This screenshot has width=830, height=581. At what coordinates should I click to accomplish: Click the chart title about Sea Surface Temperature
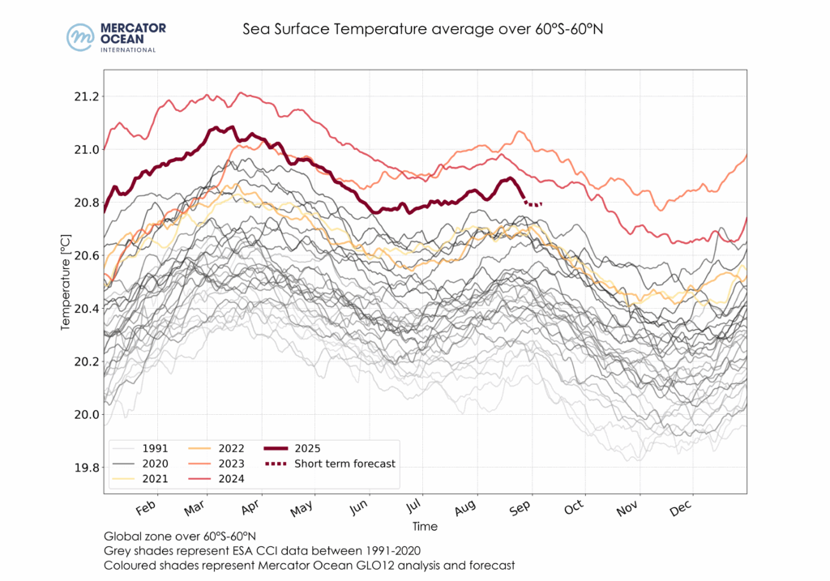(x=424, y=30)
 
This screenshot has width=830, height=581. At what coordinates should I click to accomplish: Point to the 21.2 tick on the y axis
(x=85, y=96)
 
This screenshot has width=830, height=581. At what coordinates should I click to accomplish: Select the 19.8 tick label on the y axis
(x=85, y=468)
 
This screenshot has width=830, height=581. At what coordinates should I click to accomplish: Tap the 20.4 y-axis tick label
(x=85, y=309)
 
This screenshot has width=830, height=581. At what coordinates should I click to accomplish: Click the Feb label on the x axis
(x=146, y=509)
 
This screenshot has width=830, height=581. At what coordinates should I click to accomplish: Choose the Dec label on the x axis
(x=681, y=509)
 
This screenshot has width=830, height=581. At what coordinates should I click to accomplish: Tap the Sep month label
(x=521, y=509)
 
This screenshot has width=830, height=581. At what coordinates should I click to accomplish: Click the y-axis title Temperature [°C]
(x=65, y=283)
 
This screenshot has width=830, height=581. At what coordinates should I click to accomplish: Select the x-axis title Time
(x=425, y=527)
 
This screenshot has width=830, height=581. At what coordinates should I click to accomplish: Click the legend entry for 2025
(x=311, y=447)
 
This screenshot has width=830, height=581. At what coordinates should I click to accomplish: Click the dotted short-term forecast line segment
(x=534, y=204)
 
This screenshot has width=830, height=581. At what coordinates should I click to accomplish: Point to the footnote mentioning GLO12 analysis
(x=310, y=565)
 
